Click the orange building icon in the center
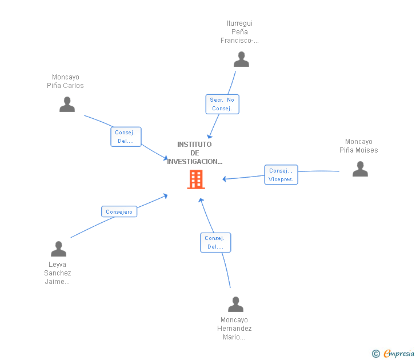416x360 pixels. pyautogui.click(x=196, y=179)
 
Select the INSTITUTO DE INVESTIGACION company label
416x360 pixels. pyautogui.click(x=194, y=153)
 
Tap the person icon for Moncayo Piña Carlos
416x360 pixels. pyautogui.click(x=67, y=105)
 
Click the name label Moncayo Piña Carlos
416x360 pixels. pyautogui.click(x=65, y=82)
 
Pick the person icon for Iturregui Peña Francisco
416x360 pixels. pyautogui.click(x=241, y=59)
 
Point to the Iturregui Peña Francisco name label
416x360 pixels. pyautogui.click(x=240, y=32)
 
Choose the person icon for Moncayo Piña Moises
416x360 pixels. pyautogui.click(x=360, y=169)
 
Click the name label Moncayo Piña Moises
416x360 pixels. pyautogui.click(x=359, y=146)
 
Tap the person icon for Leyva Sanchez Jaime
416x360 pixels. pyautogui.click(x=58, y=249)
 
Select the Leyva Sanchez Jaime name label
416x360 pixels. pyautogui.click(x=58, y=273)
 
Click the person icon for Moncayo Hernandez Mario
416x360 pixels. pyautogui.click(x=235, y=305)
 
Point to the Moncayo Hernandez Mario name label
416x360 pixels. pyautogui.click(x=234, y=329)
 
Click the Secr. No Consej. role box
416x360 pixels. pyautogui.click(x=222, y=104)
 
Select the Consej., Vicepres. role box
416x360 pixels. pyautogui.click(x=281, y=175)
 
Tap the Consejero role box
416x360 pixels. pyautogui.click(x=119, y=212)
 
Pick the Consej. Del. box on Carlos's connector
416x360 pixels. pyautogui.click(x=125, y=137)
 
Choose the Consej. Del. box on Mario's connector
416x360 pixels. pyautogui.click(x=215, y=242)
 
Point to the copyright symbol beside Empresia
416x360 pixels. pyautogui.click(x=375, y=354)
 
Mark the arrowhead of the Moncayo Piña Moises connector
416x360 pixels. pyautogui.click(x=225, y=179)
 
